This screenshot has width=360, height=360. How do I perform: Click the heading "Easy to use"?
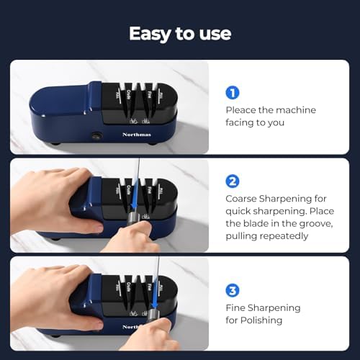click(x=180, y=33)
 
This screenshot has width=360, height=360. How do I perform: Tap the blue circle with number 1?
click(x=232, y=92)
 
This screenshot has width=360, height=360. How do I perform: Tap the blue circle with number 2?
click(x=232, y=181)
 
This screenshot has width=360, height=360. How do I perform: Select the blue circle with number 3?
click(x=232, y=291)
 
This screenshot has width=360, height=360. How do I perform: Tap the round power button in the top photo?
click(x=96, y=135)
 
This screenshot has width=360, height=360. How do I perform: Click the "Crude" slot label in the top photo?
click(x=128, y=94)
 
